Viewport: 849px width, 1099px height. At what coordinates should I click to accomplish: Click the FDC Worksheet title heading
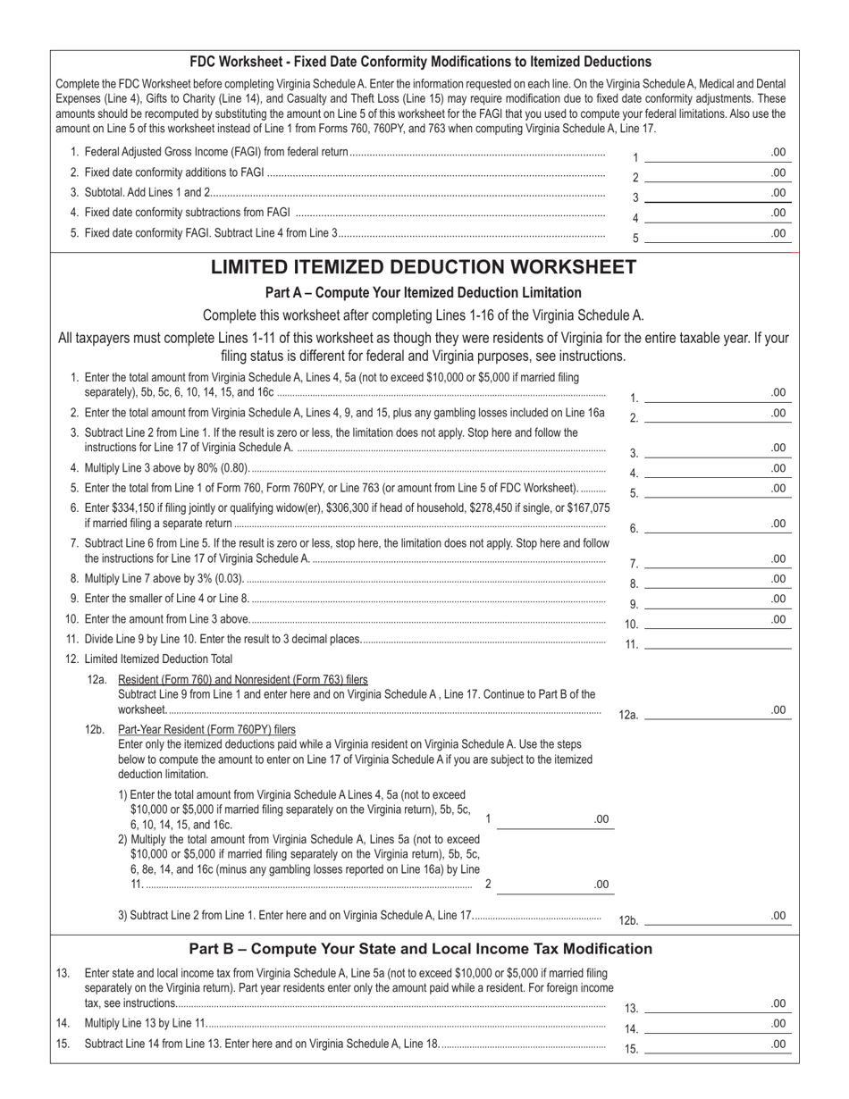(420, 62)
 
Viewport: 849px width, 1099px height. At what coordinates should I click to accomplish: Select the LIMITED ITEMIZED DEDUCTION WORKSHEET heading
(424, 267)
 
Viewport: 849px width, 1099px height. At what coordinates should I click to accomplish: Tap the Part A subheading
(423, 293)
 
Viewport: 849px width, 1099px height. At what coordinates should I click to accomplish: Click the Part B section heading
(421, 949)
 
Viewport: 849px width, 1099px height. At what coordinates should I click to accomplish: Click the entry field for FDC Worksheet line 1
(716, 154)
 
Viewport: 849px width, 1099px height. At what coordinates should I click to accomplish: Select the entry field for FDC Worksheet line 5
(716, 234)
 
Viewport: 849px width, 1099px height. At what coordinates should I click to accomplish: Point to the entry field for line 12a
(716, 711)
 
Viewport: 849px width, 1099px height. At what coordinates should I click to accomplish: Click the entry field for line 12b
(716, 916)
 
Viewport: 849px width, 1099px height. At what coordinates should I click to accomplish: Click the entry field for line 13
(716, 1004)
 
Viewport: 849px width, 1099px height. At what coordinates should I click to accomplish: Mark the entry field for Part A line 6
(716, 524)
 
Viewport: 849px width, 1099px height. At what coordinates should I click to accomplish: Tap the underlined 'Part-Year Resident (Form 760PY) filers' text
(206, 729)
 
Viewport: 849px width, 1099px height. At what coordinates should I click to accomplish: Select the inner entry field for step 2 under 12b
(553, 885)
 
